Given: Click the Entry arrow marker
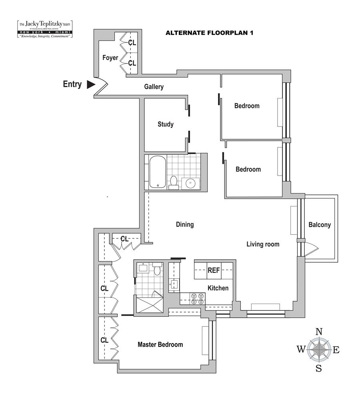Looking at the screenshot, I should [91, 84].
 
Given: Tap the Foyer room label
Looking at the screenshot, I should [110, 58].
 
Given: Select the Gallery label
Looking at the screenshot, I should [154, 87].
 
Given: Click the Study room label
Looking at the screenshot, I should [166, 124].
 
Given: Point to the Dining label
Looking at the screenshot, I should [185, 224].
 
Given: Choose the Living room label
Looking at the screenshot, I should [263, 244].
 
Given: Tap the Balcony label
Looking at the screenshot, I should [320, 225].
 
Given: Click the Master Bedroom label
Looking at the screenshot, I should [160, 344].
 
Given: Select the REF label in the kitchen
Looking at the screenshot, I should [214, 270].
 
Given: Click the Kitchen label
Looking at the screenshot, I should [218, 288].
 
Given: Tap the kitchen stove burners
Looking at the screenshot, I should [197, 299].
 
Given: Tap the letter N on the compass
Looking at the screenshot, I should [319, 331].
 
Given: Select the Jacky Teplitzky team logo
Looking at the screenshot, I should [45, 29].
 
